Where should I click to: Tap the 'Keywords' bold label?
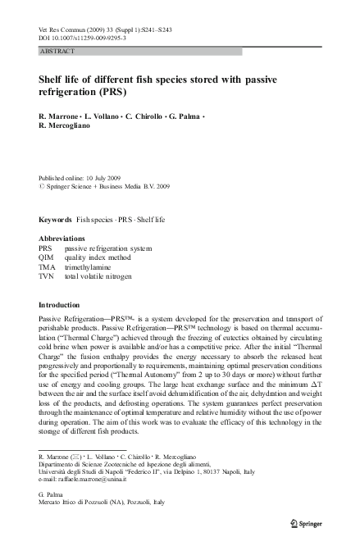click(55, 221)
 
